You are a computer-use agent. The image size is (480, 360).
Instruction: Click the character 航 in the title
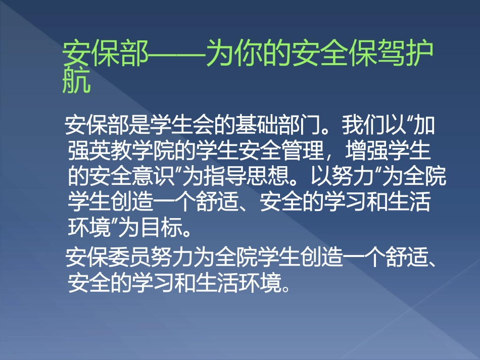tap(76, 82)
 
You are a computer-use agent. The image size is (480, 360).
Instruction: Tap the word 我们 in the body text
tap(361, 125)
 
